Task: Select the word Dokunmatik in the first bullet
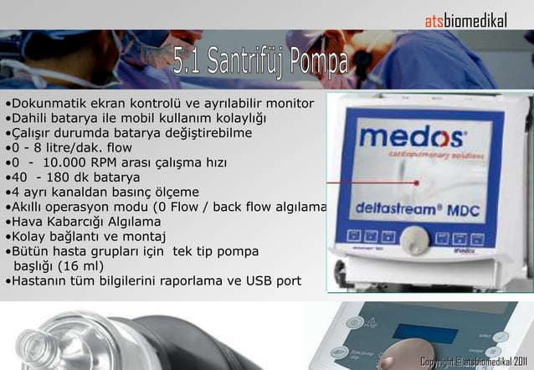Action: coord(43,104)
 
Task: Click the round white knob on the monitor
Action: coord(414,240)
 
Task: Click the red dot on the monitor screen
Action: coord(416,182)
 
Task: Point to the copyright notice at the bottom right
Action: coord(475,361)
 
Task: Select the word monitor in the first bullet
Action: coord(289,104)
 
